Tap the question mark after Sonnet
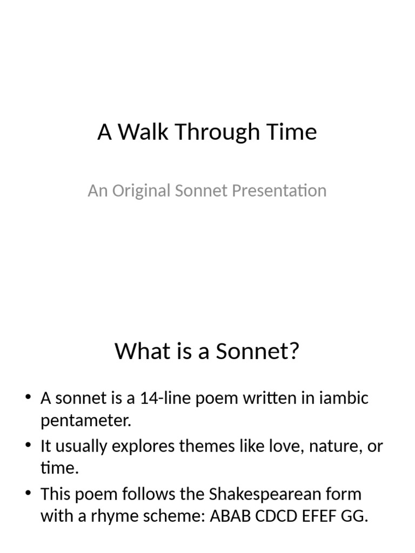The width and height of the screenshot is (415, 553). (x=293, y=352)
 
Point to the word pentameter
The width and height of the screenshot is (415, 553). (x=86, y=421)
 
